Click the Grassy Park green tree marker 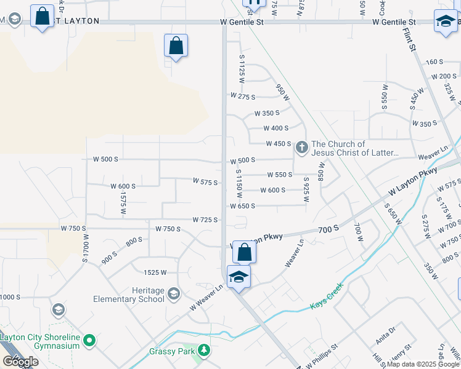point(204,351)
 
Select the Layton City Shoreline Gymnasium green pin point(90,339)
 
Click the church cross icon point(302,147)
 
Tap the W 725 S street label point(205,220)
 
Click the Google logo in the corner point(20,362)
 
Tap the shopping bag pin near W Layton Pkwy point(245,252)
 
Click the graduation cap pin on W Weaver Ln point(239,277)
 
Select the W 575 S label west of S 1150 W point(205,182)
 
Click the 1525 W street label point(155,272)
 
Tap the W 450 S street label point(278,144)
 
